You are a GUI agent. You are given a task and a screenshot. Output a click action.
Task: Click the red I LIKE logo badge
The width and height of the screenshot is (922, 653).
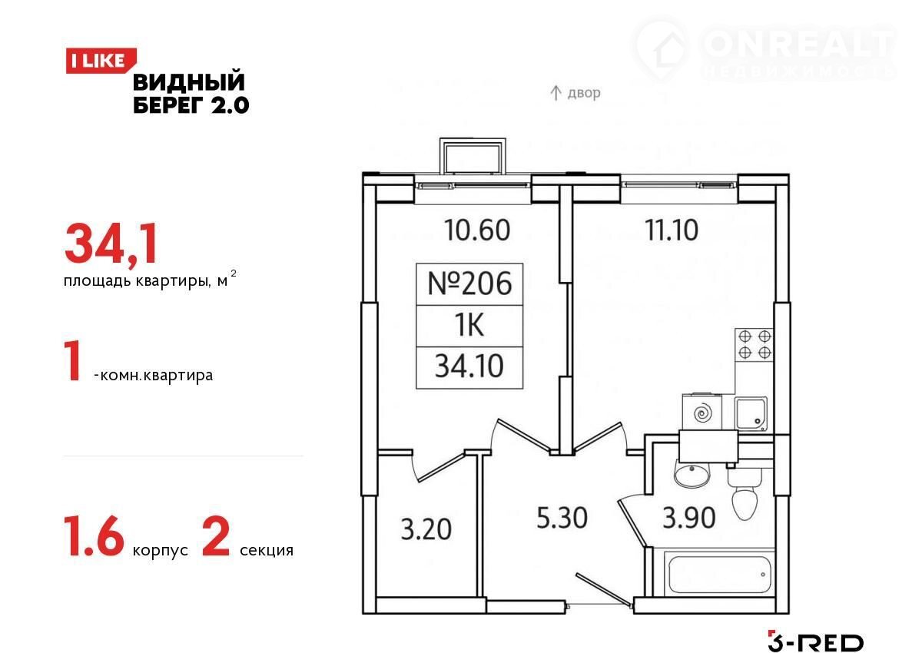(x=101, y=61)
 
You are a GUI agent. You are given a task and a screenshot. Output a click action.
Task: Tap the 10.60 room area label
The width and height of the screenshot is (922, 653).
(x=477, y=230)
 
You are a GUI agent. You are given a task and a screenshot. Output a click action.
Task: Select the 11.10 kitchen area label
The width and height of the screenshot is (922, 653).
(x=672, y=230)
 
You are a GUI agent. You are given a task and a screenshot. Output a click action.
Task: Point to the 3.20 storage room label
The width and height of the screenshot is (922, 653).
(x=426, y=529)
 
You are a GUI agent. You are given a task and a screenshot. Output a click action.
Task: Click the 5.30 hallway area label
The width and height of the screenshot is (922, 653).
(x=562, y=518)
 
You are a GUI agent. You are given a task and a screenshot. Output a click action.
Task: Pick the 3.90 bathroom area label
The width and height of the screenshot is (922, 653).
(x=688, y=518)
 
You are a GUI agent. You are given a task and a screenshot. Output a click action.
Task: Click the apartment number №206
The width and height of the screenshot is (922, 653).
(x=469, y=284)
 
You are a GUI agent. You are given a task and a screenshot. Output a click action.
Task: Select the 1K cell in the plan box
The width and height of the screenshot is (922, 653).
(x=469, y=326)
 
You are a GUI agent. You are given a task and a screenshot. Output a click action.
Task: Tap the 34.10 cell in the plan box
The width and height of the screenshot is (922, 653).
(x=469, y=366)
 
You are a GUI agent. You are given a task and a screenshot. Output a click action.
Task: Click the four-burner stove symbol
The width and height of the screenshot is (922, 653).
(x=754, y=344)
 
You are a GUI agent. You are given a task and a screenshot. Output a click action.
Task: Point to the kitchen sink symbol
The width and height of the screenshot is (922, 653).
(x=751, y=413)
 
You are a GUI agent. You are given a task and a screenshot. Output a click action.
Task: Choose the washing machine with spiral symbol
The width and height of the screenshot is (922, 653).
(x=701, y=413)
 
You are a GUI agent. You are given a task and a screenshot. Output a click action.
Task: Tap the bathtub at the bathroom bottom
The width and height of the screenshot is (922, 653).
(x=719, y=575)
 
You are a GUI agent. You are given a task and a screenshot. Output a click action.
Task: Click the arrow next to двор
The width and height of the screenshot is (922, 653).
(x=556, y=93)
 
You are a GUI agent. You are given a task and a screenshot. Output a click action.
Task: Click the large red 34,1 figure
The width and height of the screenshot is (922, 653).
(x=111, y=244)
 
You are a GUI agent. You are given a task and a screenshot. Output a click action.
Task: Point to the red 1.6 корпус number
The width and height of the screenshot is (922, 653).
(x=95, y=537)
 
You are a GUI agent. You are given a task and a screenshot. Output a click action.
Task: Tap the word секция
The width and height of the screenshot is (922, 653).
(x=267, y=551)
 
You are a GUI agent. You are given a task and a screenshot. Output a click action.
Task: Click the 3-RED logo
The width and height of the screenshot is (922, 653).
(x=815, y=643)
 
